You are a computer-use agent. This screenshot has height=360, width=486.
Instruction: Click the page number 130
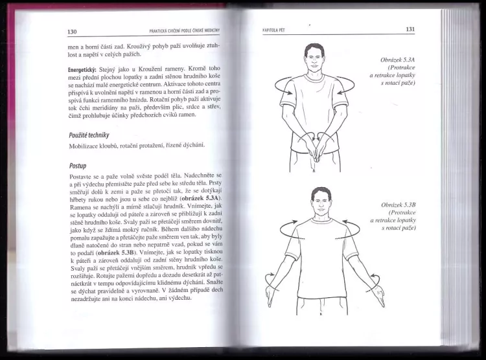coord(72,32)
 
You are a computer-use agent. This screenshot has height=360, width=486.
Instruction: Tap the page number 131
coord(410,29)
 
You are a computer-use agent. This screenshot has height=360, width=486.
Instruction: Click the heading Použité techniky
coord(89,135)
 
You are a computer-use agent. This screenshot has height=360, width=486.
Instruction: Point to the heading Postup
coord(78,166)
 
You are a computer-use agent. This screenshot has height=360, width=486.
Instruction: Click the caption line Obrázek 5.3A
coord(398,60)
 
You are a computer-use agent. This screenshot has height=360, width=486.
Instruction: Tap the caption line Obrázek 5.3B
coord(399,205)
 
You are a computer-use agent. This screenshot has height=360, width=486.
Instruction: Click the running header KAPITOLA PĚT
coord(273,30)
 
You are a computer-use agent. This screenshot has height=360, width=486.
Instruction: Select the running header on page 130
coord(185,30)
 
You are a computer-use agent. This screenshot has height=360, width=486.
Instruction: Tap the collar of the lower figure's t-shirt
coord(321,220)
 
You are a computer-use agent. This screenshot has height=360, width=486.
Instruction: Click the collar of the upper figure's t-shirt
coord(314,78)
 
